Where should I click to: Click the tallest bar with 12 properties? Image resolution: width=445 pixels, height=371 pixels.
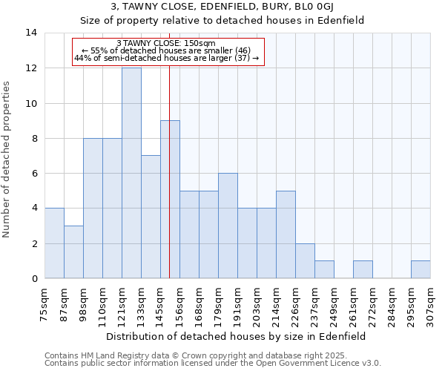pos(131,173)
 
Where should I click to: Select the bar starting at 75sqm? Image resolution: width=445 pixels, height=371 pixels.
pos(54,243)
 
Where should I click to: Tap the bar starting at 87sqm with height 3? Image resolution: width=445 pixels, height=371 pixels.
pos(73,252)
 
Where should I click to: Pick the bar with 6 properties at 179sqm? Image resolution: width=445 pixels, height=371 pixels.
pos(228,226)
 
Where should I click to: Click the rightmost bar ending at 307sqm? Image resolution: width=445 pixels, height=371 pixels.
pos(421,269)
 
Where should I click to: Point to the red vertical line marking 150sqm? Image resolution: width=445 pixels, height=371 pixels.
pos(170,185)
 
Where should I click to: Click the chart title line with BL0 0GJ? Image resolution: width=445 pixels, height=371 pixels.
pos(222,7)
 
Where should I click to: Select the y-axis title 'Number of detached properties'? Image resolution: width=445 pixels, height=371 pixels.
pos(7,160)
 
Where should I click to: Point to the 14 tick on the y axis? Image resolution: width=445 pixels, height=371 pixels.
pos(31,33)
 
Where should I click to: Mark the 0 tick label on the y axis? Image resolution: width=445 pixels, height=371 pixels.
pos(34,278)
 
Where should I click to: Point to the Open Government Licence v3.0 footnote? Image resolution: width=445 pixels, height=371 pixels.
pos(213,363)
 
